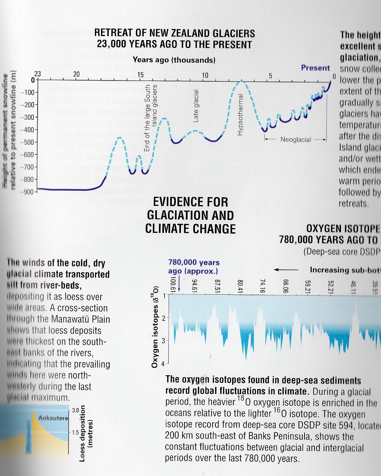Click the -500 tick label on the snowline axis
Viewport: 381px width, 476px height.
pos(27,142)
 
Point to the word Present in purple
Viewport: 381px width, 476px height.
pos(315,67)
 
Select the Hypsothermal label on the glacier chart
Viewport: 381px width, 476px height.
pos(240,115)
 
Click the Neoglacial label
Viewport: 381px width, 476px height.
pos(295,140)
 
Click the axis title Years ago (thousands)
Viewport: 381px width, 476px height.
pos(174,60)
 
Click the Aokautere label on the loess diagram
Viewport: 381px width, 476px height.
pos(53,418)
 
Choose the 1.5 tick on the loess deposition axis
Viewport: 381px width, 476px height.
pos(76,432)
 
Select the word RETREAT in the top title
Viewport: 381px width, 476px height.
pos(113,33)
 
